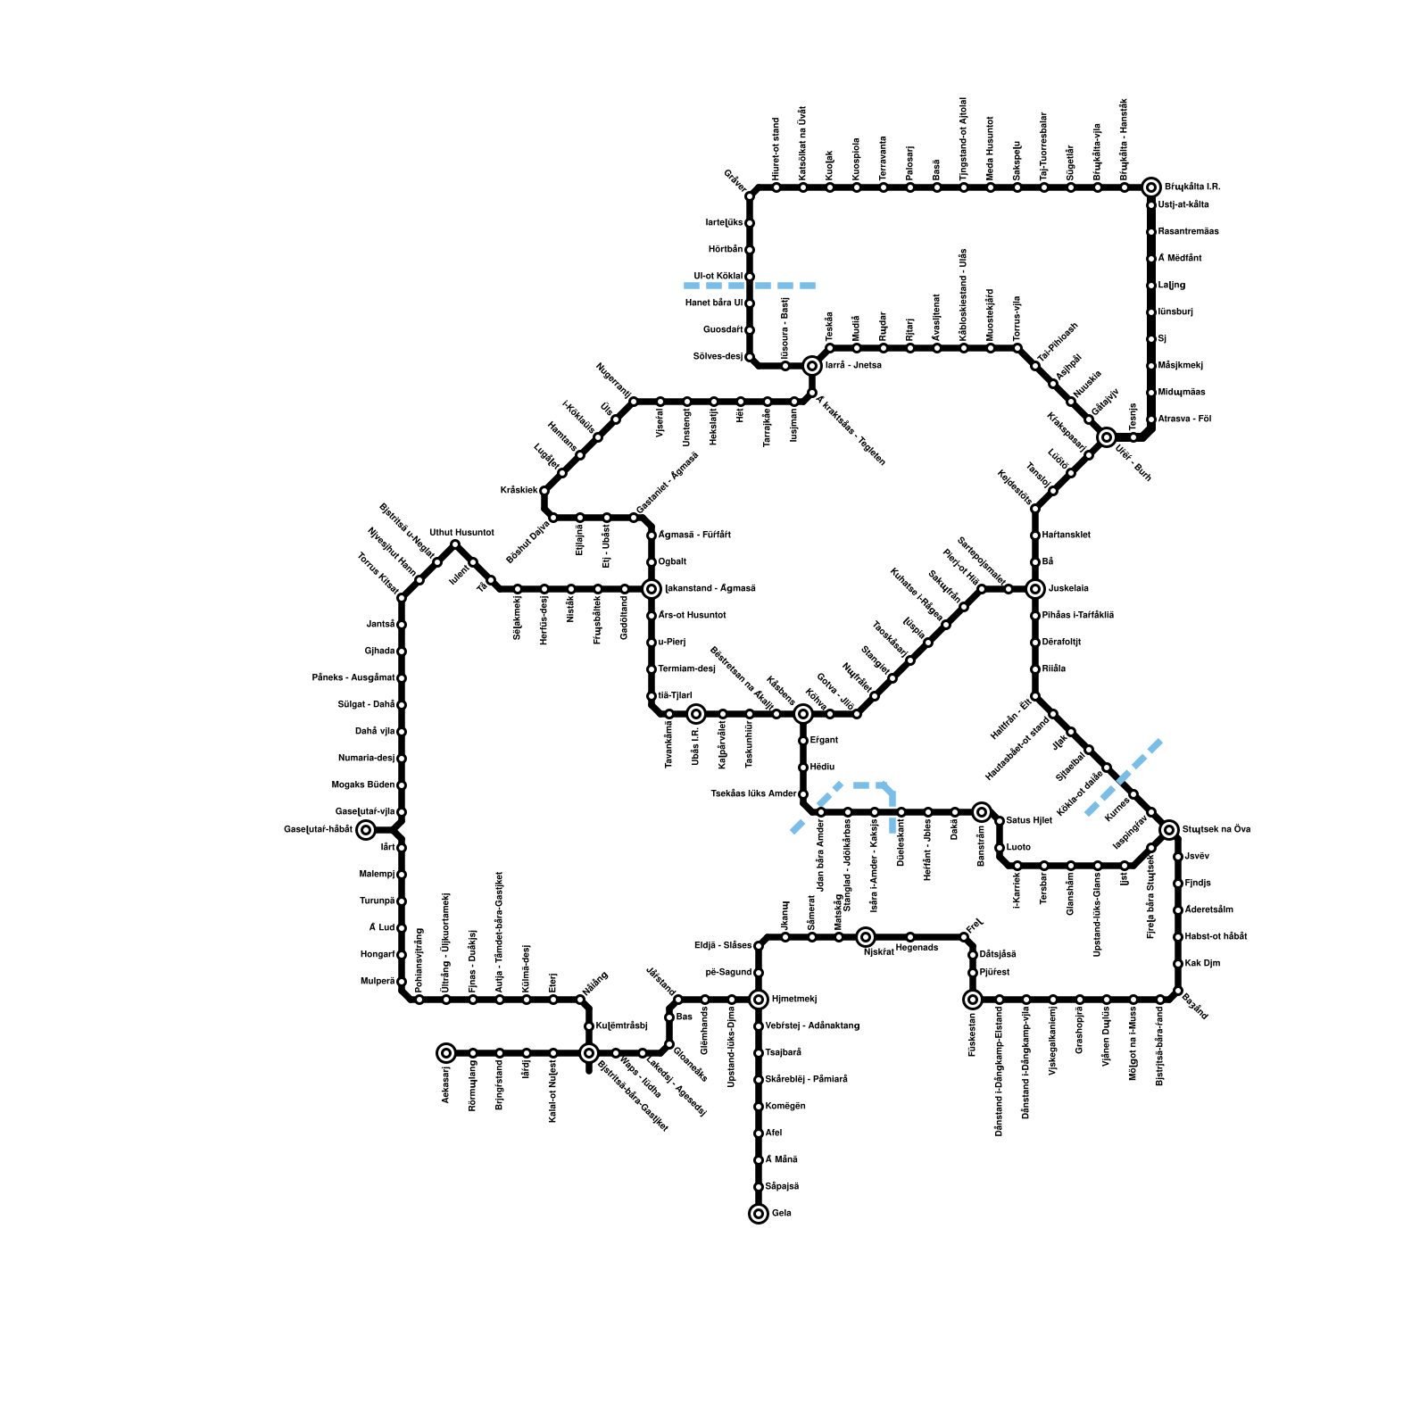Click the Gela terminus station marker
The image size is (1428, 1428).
pyautogui.click(x=759, y=1214)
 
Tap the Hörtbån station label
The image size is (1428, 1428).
pyautogui.click(x=725, y=250)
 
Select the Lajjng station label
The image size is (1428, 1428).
pyautogui.click(x=1172, y=286)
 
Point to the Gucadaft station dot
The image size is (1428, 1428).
pyautogui.click(x=750, y=330)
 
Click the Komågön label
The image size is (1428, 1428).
pyautogui.click(x=785, y=1107)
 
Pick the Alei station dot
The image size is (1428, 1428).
pyautogui.click(x=759, y=1133)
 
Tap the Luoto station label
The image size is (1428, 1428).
pyautogui.click(x=1018, y=848)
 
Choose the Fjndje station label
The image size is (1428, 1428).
pyautogui.click(x=1198, y=884)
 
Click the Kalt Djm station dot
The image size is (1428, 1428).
pyautogui.click(x=1178, y=964)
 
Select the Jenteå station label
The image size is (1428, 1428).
pyautogui.click(x=380, y=625)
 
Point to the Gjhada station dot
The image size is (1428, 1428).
pyautogui.click(x=402, y=652)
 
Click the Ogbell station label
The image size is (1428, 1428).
pyautogui.click(x=672, y=562)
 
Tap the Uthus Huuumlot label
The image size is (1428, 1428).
pyautogui.click(x=461, y=533)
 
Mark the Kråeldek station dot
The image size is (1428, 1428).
pyautogui.click(x=544, y=491)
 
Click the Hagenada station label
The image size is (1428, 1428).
pyautogui.click(x=917, y=948)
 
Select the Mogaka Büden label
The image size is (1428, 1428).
pyautogui.click(x=363, y=785)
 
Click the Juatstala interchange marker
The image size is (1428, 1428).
pyautogui.click(x=1035, y=589)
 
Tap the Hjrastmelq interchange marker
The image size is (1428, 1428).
pyautogui.click(x=759, y=1000)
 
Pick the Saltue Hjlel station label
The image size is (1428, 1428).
pyautogui.click(x=1029, y=821)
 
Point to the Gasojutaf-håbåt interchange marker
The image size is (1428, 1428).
pyautogui.click(x=366, y=830)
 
